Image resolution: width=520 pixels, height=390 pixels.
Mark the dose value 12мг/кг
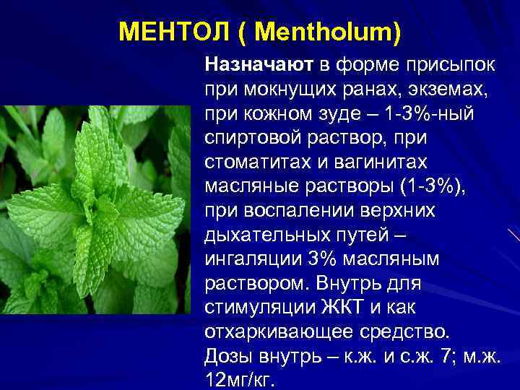tap(238, 381)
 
